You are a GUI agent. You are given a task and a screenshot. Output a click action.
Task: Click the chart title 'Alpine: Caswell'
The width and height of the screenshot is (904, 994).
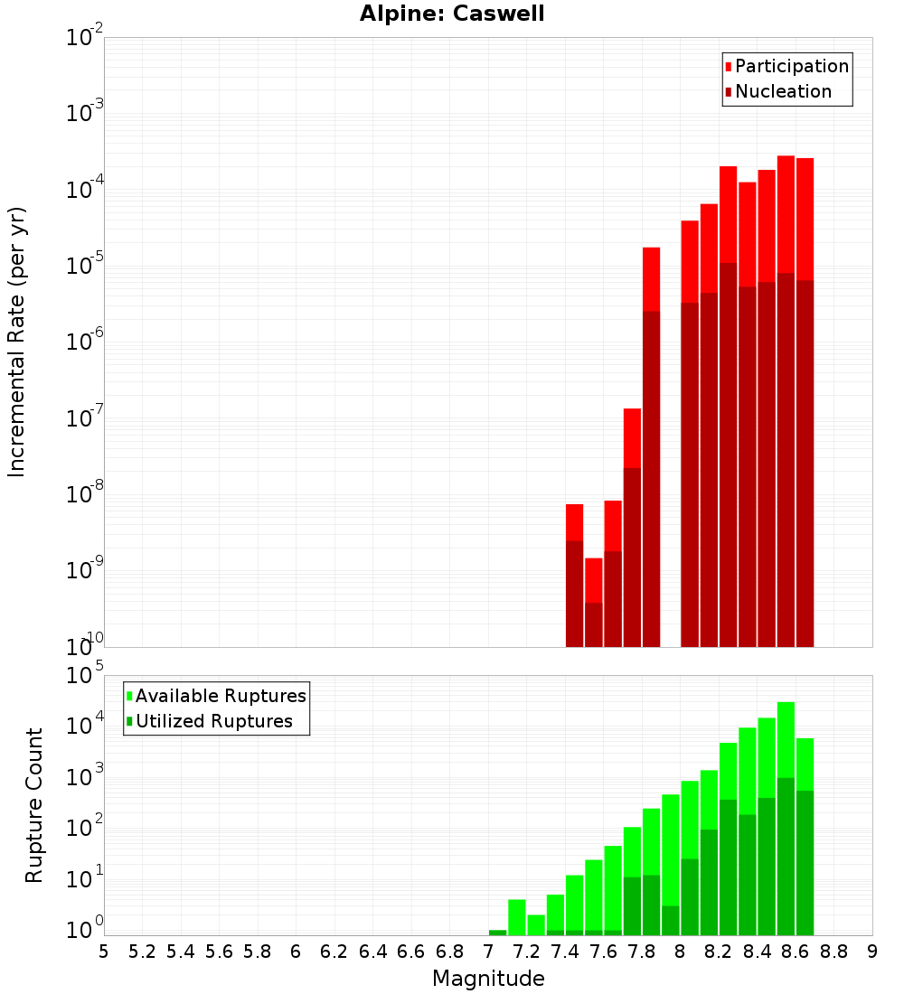pos(452,14)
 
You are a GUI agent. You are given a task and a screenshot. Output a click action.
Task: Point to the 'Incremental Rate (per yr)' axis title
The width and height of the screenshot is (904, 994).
pos(17,342)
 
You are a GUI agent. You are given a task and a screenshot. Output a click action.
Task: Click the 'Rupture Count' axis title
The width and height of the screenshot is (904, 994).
pos(34,805)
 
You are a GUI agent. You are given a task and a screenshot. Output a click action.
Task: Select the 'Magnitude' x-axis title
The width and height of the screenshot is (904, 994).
pos(488,979)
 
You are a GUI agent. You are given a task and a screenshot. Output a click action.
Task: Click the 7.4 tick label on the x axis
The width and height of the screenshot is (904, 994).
pos(565,951)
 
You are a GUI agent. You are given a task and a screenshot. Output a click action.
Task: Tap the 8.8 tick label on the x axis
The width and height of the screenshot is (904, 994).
pos(833,951)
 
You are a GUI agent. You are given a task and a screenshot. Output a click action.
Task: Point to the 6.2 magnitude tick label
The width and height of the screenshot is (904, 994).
pos(334,951)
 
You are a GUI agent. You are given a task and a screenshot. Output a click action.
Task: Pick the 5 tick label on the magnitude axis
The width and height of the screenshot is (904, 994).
pos(104,951)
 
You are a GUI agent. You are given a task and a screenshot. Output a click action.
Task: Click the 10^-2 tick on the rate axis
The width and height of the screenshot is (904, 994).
pos(85,38)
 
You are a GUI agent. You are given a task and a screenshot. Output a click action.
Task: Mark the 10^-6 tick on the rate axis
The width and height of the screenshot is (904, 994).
pos(85,342)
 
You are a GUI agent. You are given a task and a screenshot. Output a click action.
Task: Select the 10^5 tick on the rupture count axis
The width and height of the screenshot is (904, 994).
pos(85,676)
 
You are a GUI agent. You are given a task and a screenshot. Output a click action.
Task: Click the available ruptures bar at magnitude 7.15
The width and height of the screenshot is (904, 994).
pos(516,916)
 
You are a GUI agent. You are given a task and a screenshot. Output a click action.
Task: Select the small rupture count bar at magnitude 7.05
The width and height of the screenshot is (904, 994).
pos(497,933)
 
